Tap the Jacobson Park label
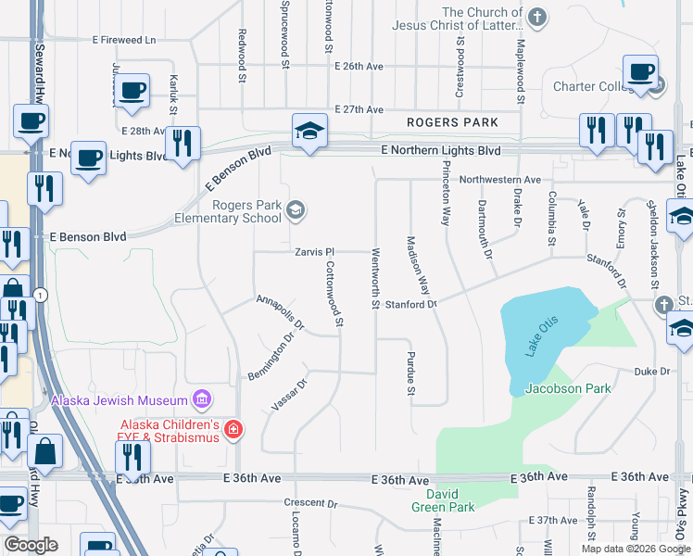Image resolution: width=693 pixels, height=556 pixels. point(568,388)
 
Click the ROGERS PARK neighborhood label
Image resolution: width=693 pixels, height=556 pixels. point(453,122)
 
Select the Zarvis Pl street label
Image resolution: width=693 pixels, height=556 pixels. point(314,251)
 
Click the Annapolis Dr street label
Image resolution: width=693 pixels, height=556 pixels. point(280,312)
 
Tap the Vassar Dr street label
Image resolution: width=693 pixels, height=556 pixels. point(289,395)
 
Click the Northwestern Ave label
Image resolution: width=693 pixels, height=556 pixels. point(499,179)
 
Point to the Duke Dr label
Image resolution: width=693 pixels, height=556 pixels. point(651,372)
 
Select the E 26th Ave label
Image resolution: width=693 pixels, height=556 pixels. point(359,67)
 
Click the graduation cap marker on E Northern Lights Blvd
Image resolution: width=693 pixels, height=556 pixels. point(310,131)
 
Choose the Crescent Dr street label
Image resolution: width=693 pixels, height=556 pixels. point(311,503)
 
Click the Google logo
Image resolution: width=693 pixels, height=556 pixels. point(31,545)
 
